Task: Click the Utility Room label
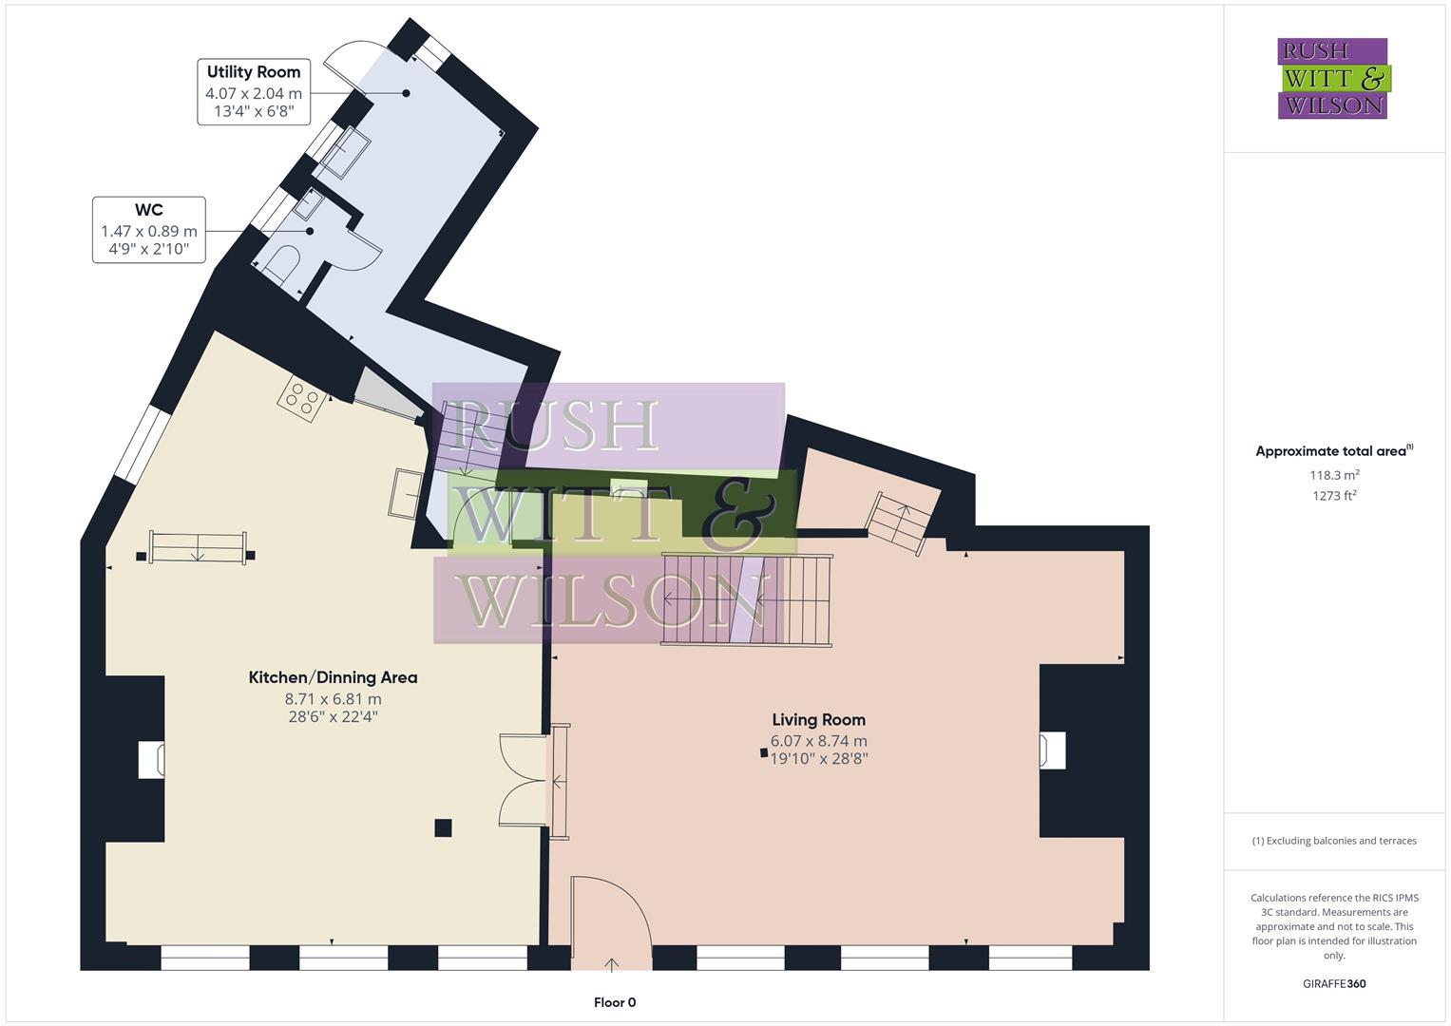click(x=253, y=72)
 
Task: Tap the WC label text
click(x=148, y=210)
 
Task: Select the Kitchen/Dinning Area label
click(x=333, y=677)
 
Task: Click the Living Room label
click(x=818, y=719)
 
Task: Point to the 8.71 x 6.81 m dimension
click(x=333, y=699)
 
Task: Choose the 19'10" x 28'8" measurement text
click(x=818, y=758)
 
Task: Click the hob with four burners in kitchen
click(x=302, y=398)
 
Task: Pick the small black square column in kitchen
click(x=443, y=827)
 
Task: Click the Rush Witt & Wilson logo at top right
click(x=1332, y=78)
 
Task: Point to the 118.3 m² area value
click(x=1333, y=475)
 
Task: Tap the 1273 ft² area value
click(x=1333, y=495)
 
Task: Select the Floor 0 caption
click(x=614, y=1002)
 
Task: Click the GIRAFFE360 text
click(x=1333, y=983)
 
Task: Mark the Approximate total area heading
click(x=1333, y=451)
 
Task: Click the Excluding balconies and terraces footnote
click(x=1333, y=841)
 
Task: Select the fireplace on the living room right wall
click(x=1053, y=750)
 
